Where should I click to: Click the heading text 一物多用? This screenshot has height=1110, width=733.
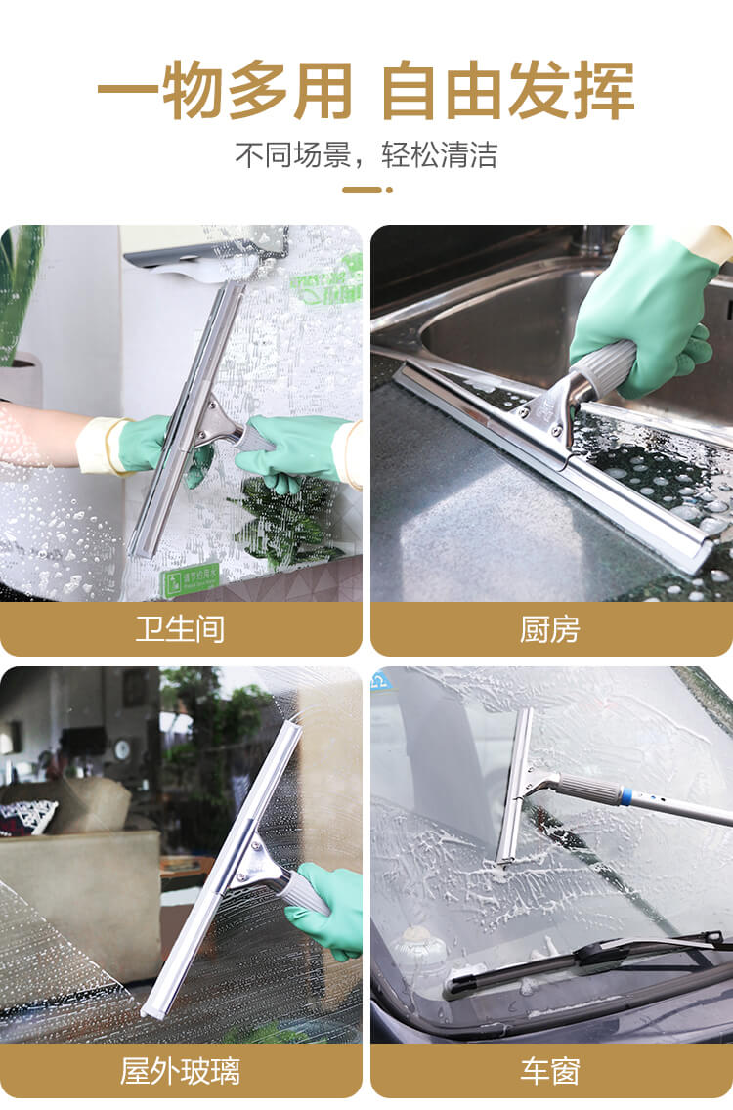coord(224,91)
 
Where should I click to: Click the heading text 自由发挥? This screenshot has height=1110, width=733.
coord(508,91)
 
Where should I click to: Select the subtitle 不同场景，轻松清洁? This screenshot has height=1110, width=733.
coord(366,154)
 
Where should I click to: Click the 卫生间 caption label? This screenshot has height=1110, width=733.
coord(180,629)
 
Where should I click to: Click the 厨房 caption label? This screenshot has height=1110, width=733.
coord(550,629)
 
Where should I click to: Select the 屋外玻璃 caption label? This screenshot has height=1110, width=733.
coord(180,1071)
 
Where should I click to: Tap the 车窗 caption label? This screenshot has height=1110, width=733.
coord(550,1071)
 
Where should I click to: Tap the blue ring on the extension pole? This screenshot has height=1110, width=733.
coord(625,795)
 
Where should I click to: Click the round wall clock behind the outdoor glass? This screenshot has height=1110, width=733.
coord(121,749)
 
